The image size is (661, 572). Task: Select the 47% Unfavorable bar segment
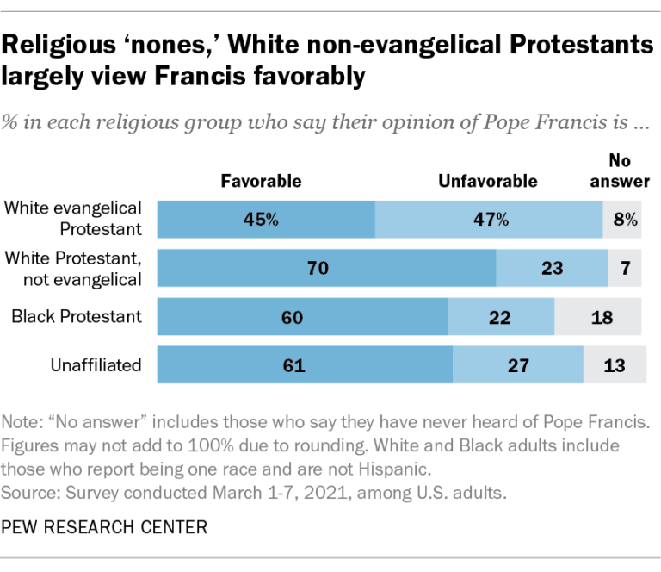(489, 219)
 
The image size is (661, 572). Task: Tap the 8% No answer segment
(622, 219)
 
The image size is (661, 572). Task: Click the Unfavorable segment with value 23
(552, 268)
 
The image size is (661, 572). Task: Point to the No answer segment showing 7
(625, 268)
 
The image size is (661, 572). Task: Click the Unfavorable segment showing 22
(501, 317)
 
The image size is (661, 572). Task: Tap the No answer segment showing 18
(599, 317)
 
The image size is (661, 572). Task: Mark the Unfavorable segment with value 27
(518, 365)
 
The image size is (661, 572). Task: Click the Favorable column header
(261, 181)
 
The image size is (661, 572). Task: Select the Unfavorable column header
(488, 181)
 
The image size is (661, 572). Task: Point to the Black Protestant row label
(77, 317)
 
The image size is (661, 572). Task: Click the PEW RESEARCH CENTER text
(104, 525)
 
